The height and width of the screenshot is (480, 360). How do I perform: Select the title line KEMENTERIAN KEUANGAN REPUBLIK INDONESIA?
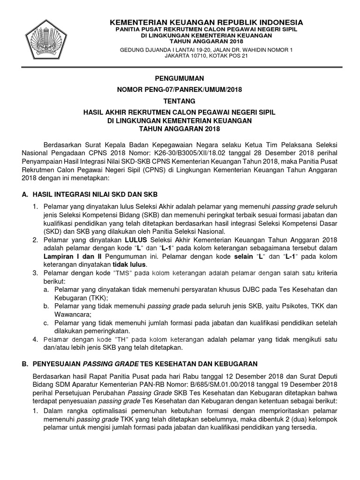coord(206,22)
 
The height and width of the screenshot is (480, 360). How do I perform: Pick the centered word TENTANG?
coord(180,101)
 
